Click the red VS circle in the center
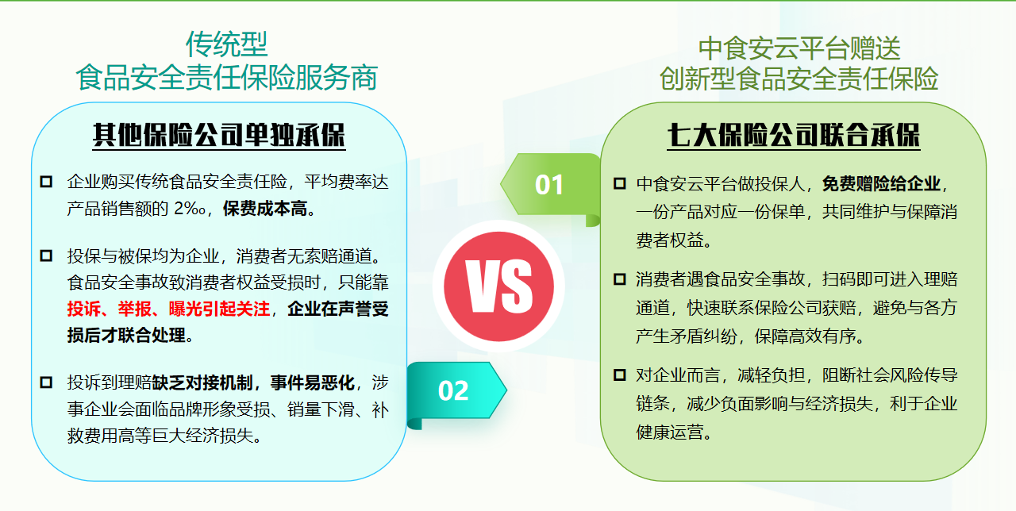(498, 286)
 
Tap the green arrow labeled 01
(551, 186)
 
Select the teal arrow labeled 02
(456, 392)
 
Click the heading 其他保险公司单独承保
(219, 135)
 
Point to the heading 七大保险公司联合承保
(793, 135)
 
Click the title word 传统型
(227, 44)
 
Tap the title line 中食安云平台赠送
(799, 48)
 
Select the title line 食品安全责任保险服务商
(227, 78)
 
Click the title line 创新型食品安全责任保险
(799, 79)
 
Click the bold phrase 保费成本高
(265, 209)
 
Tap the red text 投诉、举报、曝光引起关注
(169, 309)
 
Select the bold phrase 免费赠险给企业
(881, 183)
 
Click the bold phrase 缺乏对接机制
(202, 382)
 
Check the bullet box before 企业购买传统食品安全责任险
(46, 182)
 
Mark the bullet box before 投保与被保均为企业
(46, 255)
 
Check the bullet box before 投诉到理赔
(46, 382)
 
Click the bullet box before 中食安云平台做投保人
(620, 183)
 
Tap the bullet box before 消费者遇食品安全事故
(620, 279)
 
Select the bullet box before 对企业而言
(620, 375)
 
